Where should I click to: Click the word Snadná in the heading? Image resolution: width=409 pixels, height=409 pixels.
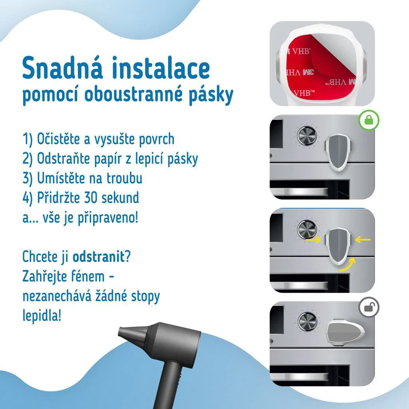point(62,68)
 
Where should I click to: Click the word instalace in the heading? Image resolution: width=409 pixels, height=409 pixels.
point(161,68)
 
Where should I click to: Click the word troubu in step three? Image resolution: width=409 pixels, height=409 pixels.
point(125,178)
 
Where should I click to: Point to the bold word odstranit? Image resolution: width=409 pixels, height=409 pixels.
point(99,257)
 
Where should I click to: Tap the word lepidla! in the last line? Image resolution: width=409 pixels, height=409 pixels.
point(42,316)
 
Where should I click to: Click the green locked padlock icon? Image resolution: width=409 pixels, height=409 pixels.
point(368,120)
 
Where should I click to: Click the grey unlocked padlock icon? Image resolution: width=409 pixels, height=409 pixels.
point(369,307)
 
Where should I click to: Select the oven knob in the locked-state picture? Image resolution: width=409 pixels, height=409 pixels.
point(307,136)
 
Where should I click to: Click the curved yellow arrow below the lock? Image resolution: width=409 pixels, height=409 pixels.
point(348,264)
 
